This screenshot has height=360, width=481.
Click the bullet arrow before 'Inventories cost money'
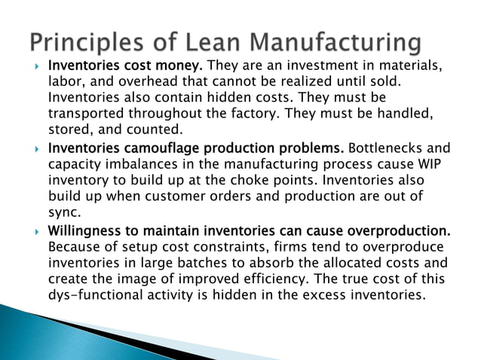click(x=36, y=66)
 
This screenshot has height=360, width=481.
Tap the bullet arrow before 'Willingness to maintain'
click(x=36, y=228)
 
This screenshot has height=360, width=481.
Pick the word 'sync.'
click(x=65, y=212)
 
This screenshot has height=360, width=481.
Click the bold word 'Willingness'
click(x=83, y=228)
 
